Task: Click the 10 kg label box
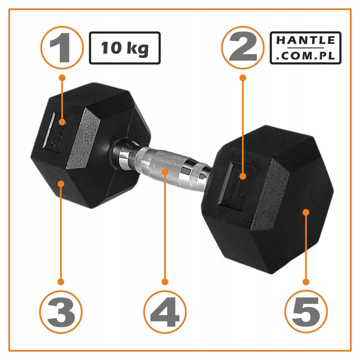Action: pos(124,48)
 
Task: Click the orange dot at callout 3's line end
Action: pos(62,183)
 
